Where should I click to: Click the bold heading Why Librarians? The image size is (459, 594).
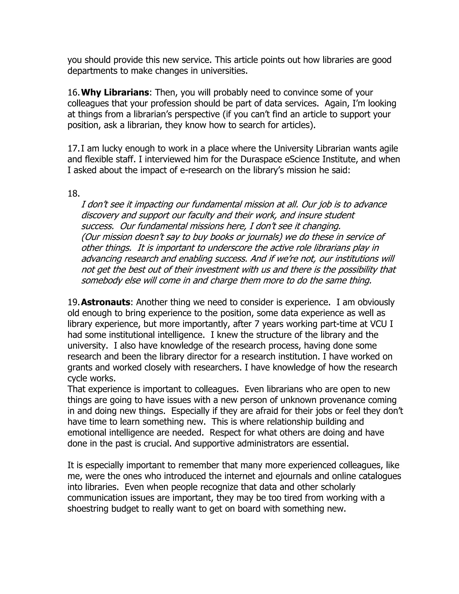tap(115, 93)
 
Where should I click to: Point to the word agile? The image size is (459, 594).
tap(387, 148)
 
